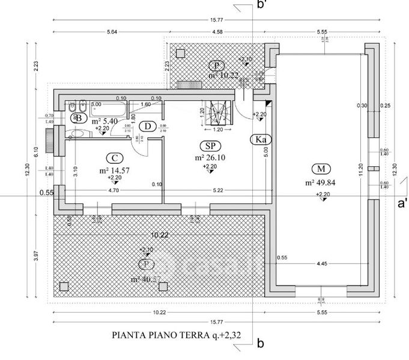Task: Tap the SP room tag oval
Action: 210,146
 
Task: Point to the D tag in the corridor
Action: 147,126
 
